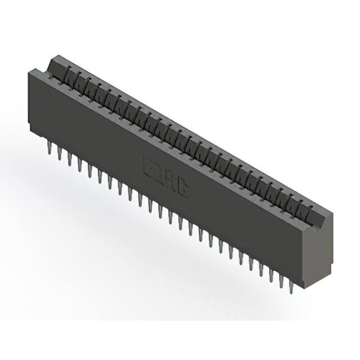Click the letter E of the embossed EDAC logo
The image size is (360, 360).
(149, 165)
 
